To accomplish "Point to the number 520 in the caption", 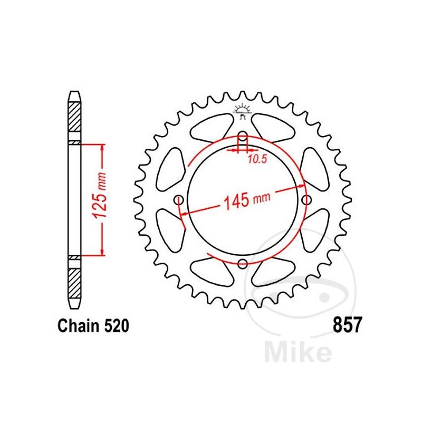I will [x=114, y=327].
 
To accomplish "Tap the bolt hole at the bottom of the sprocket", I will [x=242, y=264].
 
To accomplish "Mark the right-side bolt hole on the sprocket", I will [x=306, y=199].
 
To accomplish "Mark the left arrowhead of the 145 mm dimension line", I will [x=183, y=213].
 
